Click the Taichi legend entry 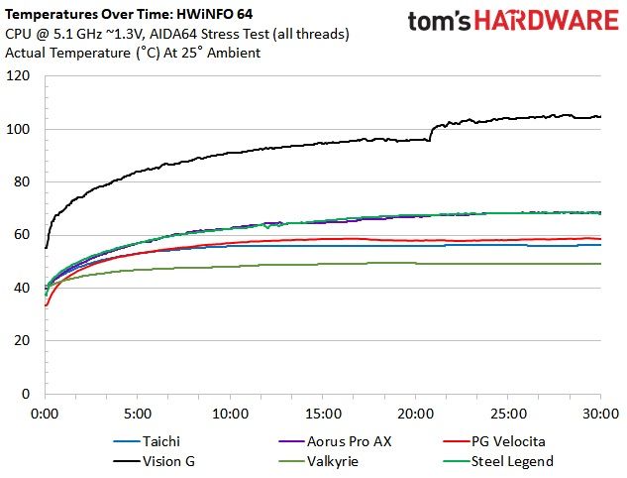[147, 441]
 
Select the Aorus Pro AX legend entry [335, 441]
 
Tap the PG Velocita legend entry [494, 441]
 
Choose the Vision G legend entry [154, 461]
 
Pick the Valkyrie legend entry [318, 461]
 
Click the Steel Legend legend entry [498, 461]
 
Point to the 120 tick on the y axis [18, 75]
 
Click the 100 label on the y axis [18, 129]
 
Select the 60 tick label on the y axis [22, 235]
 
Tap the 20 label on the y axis [22, 341]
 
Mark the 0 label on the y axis [26, 394]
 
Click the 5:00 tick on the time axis [138, 414]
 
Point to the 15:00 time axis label [323, 414]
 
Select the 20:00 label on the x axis [415, 414]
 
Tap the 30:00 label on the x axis [600, 414]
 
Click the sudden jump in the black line [431, 133]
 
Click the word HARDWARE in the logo [547, 21]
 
